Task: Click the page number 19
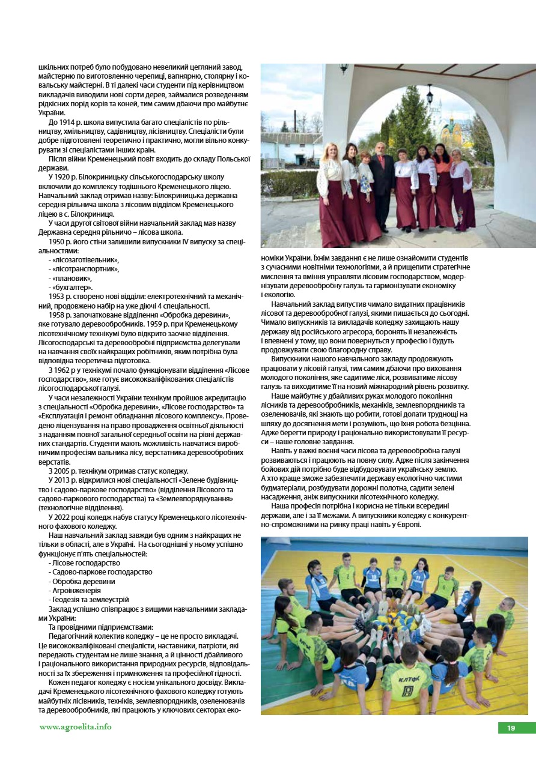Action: [x=511, y=728]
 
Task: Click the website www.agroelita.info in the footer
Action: [x=75, y=727]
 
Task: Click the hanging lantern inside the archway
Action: [x=430, y=95]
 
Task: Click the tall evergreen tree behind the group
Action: [x=412, y=120]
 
